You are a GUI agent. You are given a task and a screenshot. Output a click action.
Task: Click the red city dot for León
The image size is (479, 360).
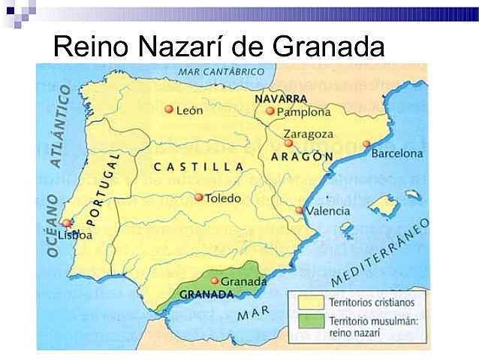point(169,109)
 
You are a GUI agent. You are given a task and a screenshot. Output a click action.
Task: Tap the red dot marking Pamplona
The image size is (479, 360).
point(270,111)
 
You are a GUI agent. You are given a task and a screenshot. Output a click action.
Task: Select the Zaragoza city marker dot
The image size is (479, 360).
point(288,143)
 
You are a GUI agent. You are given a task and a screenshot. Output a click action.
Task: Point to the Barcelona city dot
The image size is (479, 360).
point(366,144)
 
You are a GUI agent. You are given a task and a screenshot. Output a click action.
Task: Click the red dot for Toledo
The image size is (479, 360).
point(198,198)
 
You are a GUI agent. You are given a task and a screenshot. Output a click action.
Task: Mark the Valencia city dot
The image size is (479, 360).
point(300,210)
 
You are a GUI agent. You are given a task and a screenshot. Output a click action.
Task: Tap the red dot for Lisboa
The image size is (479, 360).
point(67,222)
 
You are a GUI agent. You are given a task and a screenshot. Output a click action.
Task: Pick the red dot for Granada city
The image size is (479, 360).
point(215,281)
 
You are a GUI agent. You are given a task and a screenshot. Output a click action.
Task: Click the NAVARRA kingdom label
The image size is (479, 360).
point(281,98)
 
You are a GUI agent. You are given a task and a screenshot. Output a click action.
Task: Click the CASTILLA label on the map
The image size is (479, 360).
point(198,166)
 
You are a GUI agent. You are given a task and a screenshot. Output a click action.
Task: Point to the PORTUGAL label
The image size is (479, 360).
point(104,188)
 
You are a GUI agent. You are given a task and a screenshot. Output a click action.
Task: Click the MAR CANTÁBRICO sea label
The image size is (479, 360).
point(222,71)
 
